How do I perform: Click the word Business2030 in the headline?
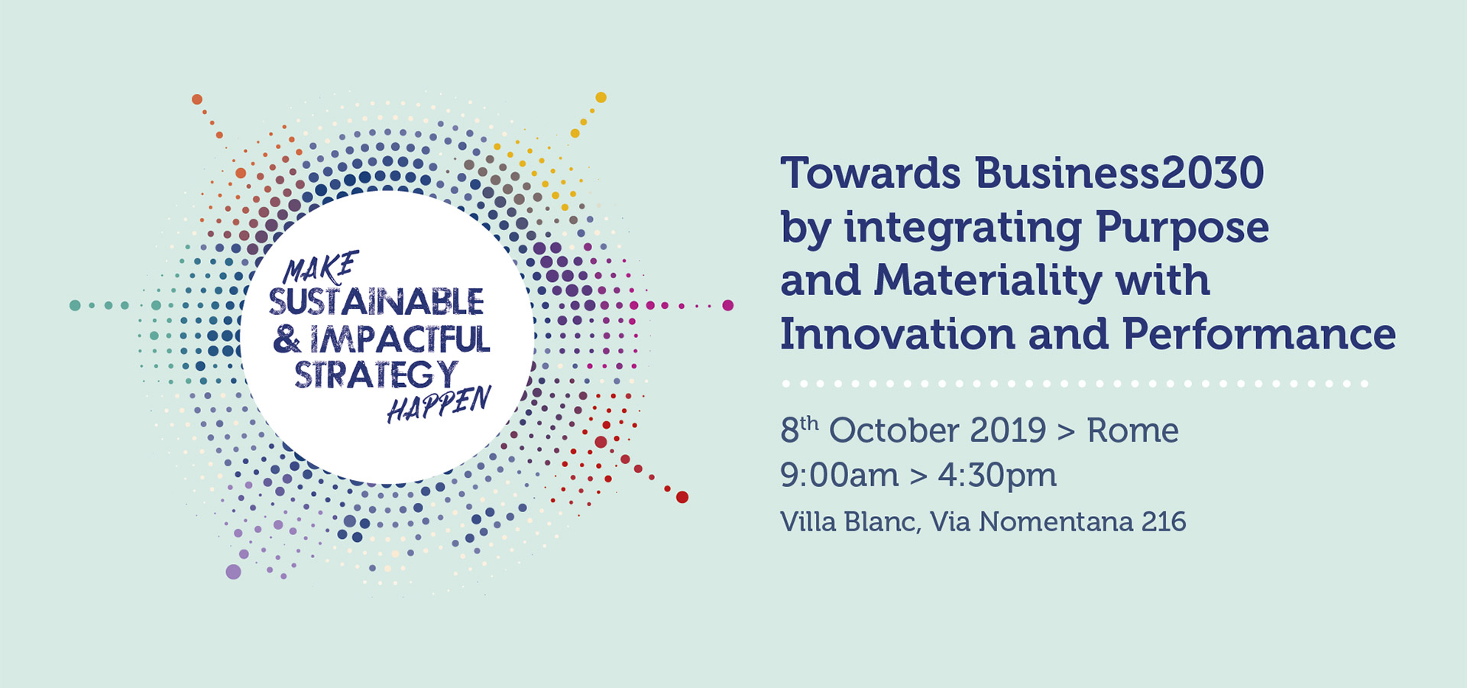tap(1119, 173)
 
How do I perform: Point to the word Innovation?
tap(898, 334)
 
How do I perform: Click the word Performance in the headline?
tap(1259, 334)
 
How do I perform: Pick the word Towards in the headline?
tap(870, 173)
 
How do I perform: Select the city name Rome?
tap(1133, 430)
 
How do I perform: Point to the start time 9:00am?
tap(839, 475)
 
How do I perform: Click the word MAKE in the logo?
tap(320, 268)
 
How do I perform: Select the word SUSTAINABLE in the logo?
tap(376, 302)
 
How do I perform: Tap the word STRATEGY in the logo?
tap(376, 374)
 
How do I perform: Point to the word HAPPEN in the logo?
tap(439, 404)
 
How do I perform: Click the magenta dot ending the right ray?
tap(728, 305)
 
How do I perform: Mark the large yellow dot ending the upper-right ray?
tap(601, 97)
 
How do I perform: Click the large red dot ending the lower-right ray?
tap(682, 497)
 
